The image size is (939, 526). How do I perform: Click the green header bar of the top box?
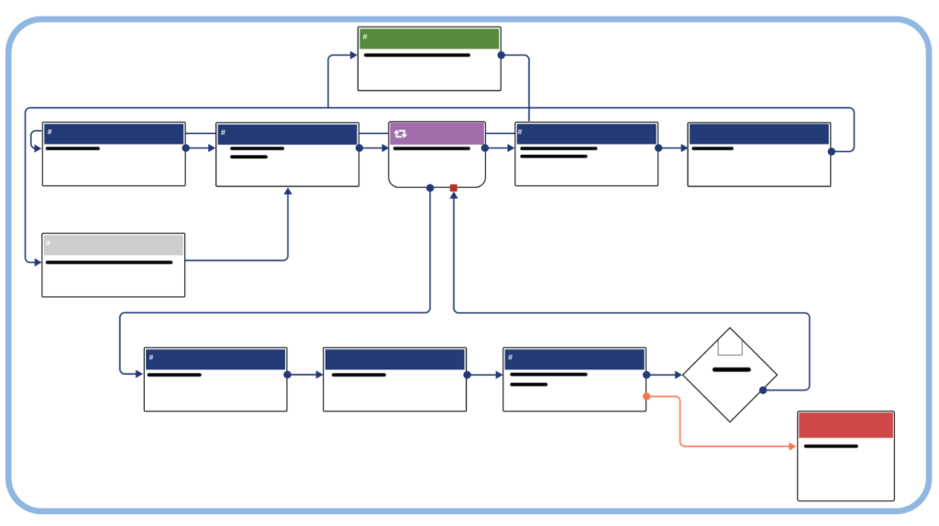(x=429, y=38)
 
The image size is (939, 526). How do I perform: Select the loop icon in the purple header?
(x=401, y=134)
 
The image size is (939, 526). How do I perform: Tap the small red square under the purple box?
(x=453, y=188)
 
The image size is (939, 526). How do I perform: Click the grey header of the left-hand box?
(x=114, y=245)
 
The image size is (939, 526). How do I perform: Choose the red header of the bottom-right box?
(x=845, y=425)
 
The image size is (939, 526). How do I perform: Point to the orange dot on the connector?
(x=646, y=397)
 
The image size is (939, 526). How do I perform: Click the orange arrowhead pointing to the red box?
(x=792, y=446)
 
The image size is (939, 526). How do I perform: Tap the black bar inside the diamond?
(x=732, y=369)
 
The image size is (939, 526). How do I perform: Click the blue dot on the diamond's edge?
(x=763, y=390)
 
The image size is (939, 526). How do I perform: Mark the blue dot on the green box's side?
(x=501, y=55)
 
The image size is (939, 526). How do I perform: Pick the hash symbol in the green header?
(x=365, y=38)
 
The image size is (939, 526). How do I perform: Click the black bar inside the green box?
(x=417, y=55)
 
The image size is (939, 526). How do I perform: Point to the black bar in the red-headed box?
(x=831, y=446)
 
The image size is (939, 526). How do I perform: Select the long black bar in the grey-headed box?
(x=109, y=262)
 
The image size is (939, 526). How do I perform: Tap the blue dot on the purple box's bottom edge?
(x=430, y=188)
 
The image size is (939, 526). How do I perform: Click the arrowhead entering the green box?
(x=353, y=55)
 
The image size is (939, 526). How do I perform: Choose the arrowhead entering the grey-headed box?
(x=38, y=262)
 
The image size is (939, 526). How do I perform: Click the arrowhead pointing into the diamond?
(x=678, y=375)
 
